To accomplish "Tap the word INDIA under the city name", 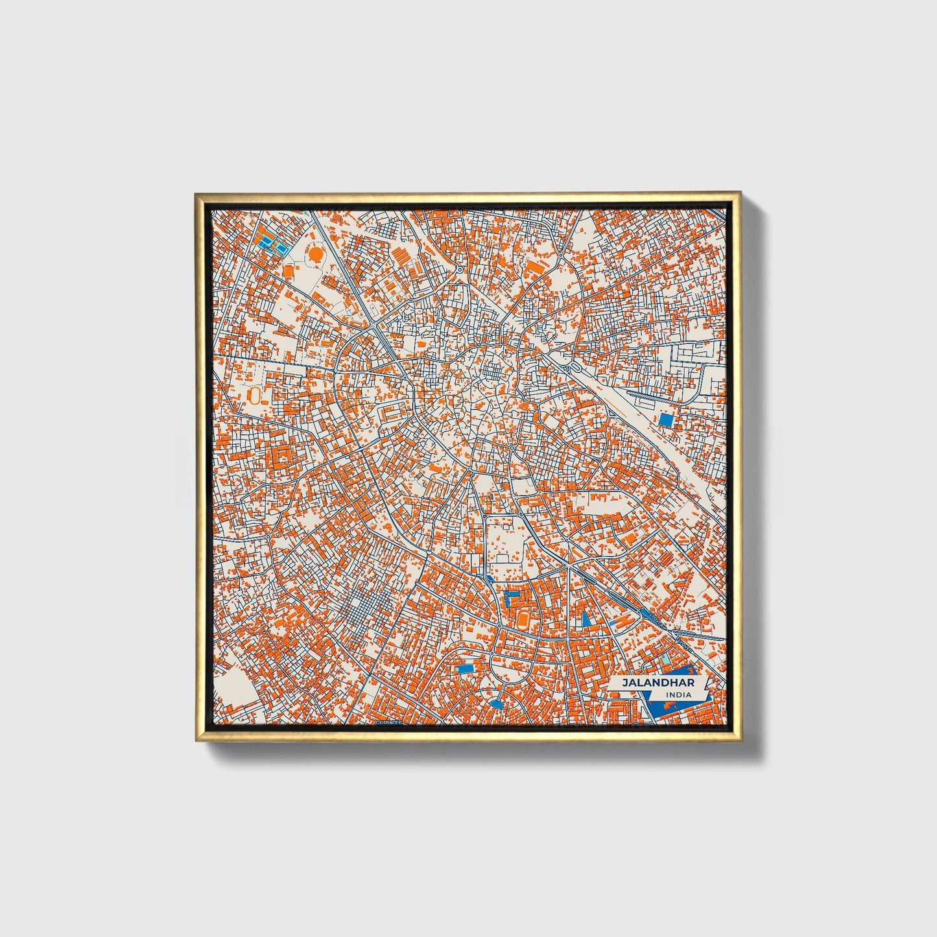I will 678,695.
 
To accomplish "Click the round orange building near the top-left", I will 315,254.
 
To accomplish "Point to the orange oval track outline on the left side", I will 255,395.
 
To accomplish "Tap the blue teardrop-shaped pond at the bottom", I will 495,704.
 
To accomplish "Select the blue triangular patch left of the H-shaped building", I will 586,619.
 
